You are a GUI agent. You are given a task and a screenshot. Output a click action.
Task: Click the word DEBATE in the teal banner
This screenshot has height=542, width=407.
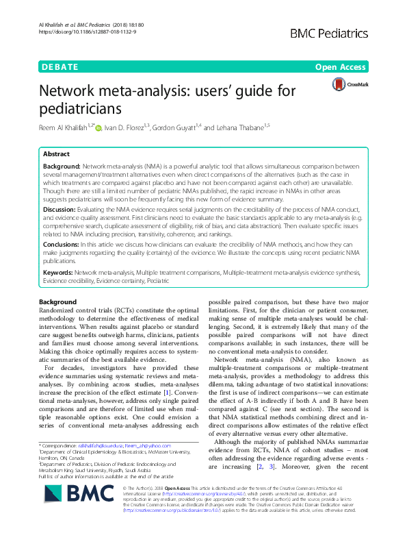coord(60,68)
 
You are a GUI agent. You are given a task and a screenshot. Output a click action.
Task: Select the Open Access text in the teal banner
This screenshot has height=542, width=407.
coord(341,68)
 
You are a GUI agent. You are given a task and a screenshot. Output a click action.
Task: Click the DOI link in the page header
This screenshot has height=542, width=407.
coord(79,32)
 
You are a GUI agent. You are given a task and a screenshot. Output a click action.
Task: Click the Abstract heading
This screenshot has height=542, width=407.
coord(56,155)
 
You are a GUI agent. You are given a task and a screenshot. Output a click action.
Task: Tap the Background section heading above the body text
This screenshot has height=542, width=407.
coord(58,302)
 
